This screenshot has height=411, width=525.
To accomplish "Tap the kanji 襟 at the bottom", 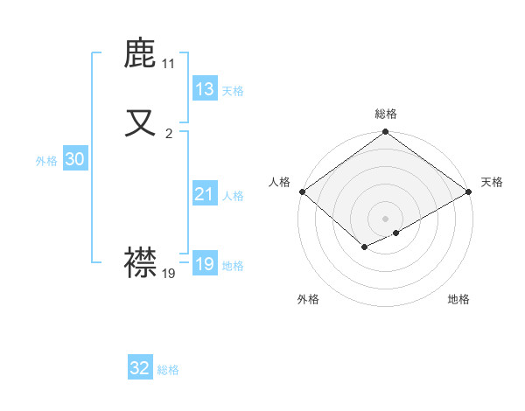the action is click(141, 261).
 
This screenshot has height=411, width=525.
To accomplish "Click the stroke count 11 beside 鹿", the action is click(168, 64).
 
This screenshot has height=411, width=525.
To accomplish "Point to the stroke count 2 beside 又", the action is click(169, 133).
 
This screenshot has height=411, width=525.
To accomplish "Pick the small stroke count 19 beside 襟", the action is click(169, 273).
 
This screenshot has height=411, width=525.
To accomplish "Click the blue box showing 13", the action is click(204, 89).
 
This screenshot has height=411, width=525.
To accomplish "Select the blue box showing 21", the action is click(204, 194).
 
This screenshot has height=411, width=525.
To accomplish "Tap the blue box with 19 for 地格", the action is click(204, 264).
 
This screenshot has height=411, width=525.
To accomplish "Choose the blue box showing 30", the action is click(74, 159).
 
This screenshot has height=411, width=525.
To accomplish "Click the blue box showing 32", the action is click(140, 368).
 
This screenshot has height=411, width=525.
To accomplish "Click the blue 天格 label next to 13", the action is click(233, 91).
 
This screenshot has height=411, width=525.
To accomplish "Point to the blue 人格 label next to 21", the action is click(233, 196).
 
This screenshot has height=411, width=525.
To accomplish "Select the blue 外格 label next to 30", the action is click(46, 161).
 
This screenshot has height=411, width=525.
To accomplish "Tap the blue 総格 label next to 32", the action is click(168, 370).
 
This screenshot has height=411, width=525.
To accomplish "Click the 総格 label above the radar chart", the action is click(385, 114).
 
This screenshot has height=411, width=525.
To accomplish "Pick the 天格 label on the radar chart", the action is click(492, 182).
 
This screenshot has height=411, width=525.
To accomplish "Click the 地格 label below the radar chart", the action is click(458, 299).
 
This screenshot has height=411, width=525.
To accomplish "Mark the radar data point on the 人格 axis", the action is click(301, 192).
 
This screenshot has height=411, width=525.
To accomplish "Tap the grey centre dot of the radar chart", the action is click(385, 219).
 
